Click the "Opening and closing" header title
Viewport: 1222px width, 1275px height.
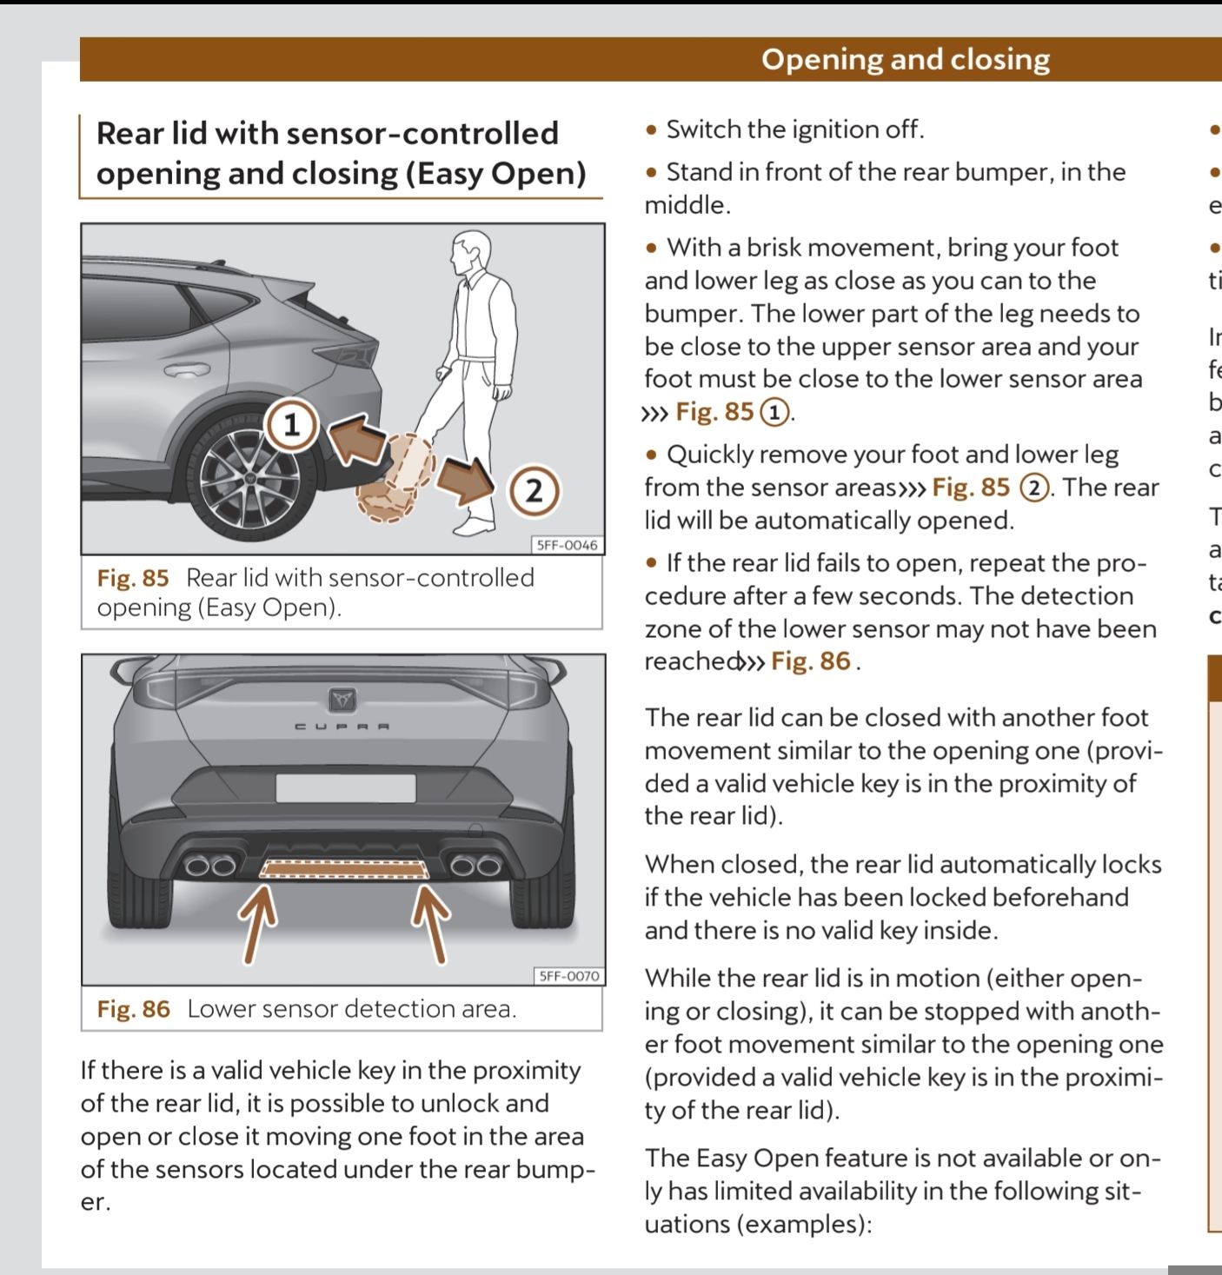906,59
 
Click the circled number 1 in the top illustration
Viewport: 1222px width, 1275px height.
292,425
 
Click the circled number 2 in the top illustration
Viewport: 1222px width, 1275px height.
533,491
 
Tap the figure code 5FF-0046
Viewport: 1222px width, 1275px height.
567,545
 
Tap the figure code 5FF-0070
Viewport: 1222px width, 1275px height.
568,976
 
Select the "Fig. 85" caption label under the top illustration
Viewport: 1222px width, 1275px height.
133,578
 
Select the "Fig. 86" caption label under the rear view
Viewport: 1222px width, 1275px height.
134,1009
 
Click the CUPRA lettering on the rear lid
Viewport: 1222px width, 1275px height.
342,726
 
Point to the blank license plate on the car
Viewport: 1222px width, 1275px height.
345,788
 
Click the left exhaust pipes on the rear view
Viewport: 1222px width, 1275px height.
210,865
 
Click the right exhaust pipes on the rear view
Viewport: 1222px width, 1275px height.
475,865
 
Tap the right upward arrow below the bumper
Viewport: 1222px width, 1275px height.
430,921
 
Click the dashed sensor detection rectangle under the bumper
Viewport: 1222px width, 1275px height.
345,869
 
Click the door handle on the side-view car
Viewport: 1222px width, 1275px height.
188,369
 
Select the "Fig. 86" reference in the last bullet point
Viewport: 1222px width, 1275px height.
810,661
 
